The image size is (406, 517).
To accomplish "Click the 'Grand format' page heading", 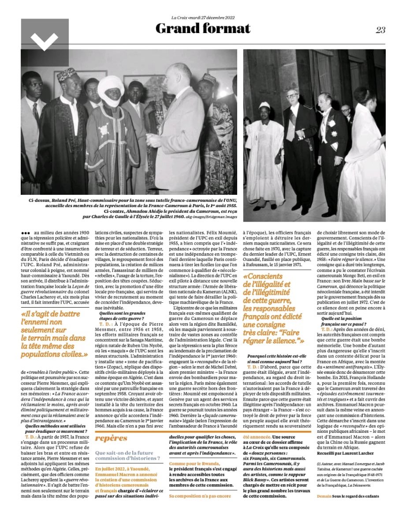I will pos(203,29).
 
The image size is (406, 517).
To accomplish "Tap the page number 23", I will pos(380,30).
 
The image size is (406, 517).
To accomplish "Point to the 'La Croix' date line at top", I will pos(203,18).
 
